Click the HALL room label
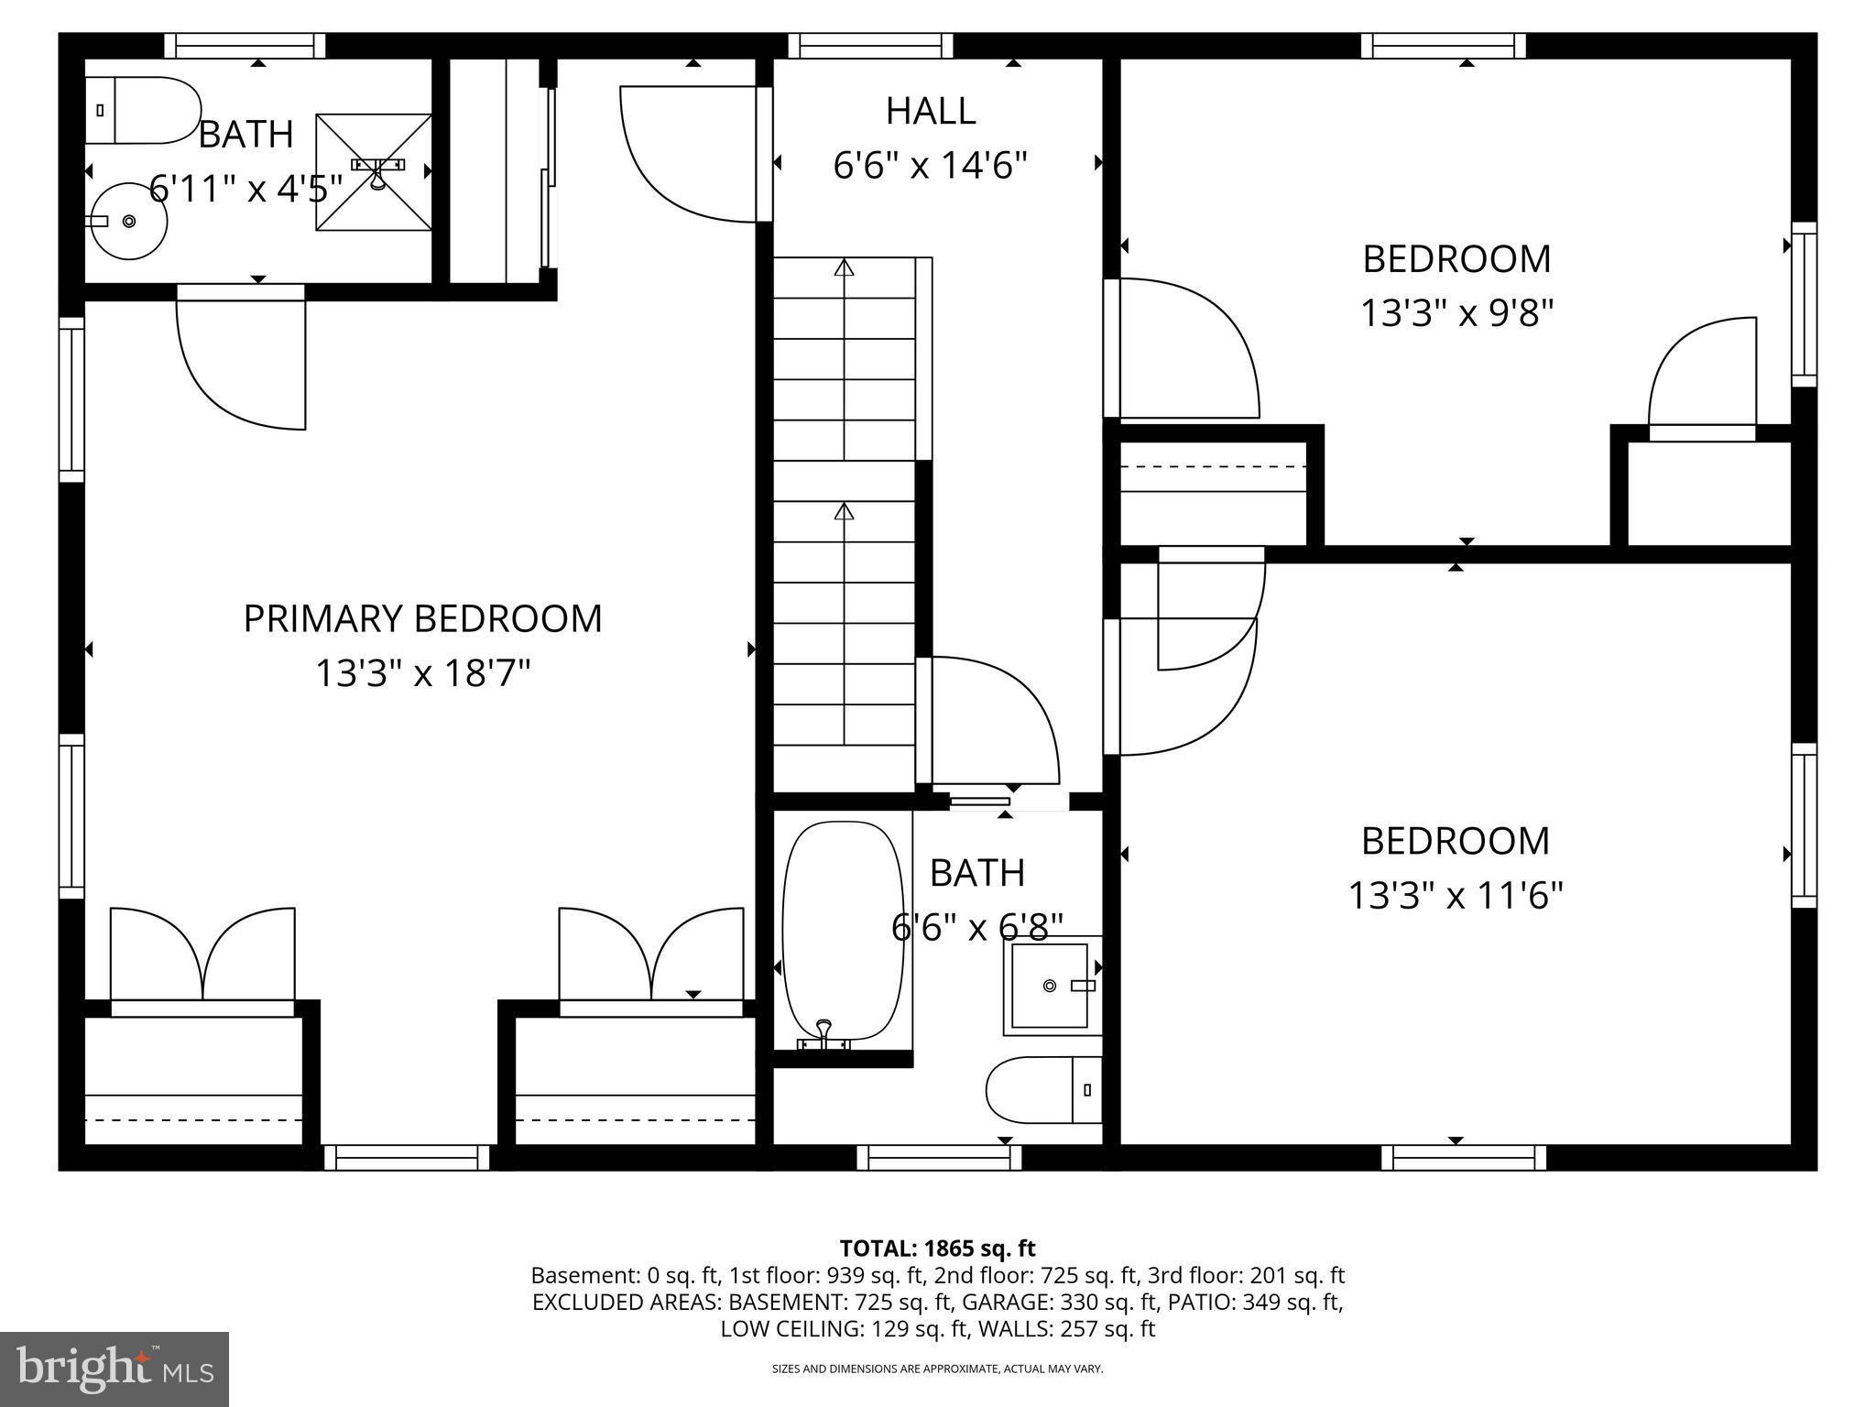point(930,111)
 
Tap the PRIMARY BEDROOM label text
point(422,618)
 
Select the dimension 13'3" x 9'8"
point(1456,313)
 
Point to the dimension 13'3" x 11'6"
point(1455,895)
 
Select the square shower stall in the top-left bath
point(374,172)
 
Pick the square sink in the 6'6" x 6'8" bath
point(1050,986)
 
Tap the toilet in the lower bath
point(1043,1090)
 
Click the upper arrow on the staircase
point(844,268)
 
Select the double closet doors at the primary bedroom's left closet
point(202,957)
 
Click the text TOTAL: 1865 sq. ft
point(937,1249)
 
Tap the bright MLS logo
point(115,1369)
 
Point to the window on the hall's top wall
point(869,46)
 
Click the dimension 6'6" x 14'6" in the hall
point(930,166)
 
